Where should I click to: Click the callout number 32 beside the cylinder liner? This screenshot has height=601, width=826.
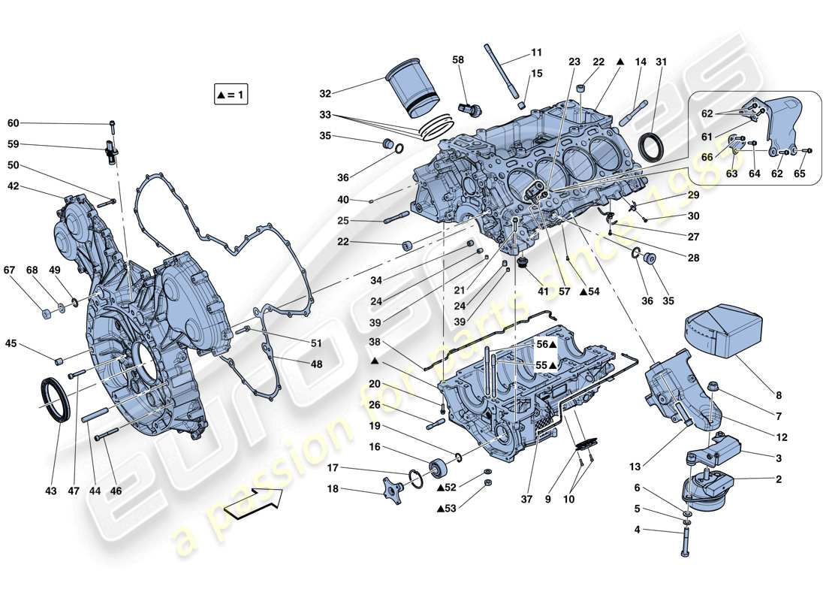point(324,94)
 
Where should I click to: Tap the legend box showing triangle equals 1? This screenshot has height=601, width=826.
point(231,95)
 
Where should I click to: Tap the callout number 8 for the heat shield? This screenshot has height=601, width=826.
point(779,395)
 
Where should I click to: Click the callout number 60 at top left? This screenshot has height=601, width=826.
point(14,123)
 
